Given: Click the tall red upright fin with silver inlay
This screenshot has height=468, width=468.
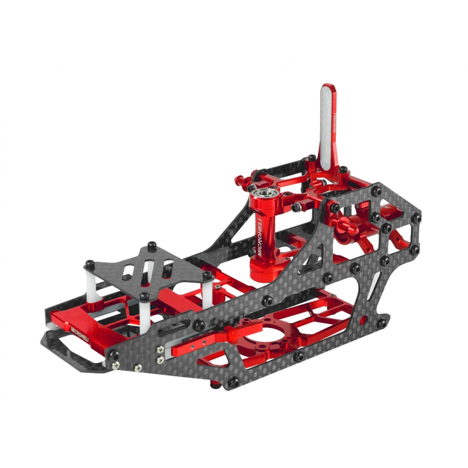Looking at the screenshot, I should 329,126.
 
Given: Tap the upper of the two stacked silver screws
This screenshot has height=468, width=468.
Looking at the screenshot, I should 161,349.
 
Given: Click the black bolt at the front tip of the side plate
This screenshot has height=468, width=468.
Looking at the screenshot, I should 114,356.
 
